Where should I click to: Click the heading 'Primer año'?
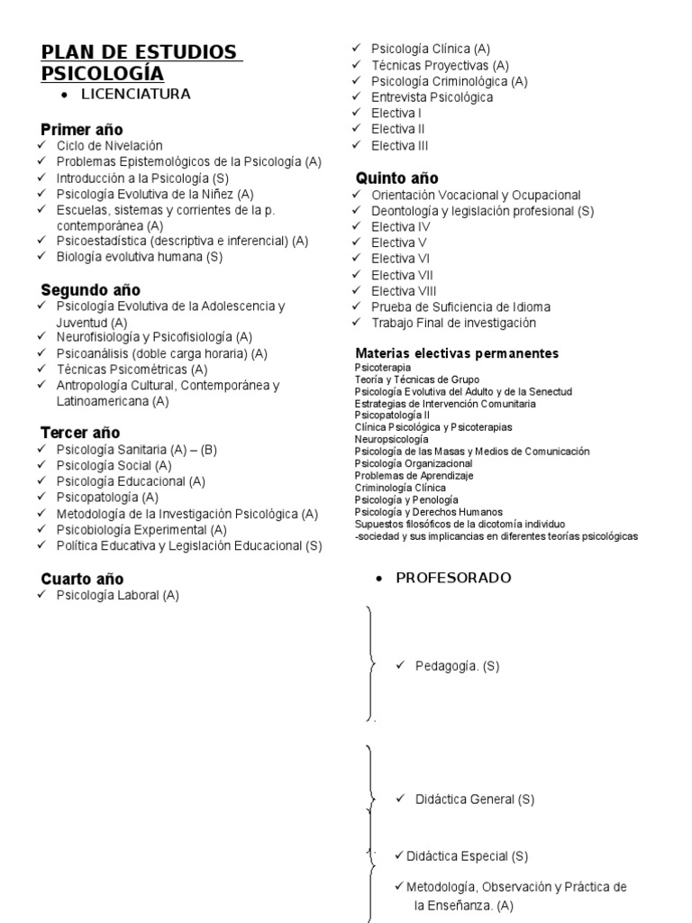point(82,129)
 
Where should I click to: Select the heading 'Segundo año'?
point(90,289)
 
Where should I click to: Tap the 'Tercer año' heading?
point(80,433)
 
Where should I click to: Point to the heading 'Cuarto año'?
point(82,579)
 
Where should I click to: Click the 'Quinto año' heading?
point(397,178)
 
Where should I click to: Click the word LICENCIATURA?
point(135,94)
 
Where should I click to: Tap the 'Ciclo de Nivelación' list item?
point(109,145)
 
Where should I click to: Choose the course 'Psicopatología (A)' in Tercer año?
point(107,498)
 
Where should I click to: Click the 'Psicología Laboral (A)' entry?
point(118,596)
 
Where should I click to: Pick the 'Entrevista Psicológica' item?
point(432,97)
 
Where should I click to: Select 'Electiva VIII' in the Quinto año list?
point(404,291)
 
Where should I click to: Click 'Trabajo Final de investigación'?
point(453,323)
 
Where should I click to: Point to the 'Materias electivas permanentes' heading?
point(457,352)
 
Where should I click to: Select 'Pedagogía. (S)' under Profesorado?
point(457,666)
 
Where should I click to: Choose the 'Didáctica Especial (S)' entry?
point(467,855)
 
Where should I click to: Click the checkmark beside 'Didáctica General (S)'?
point(400,799)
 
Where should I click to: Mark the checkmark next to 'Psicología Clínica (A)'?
point(357,48)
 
